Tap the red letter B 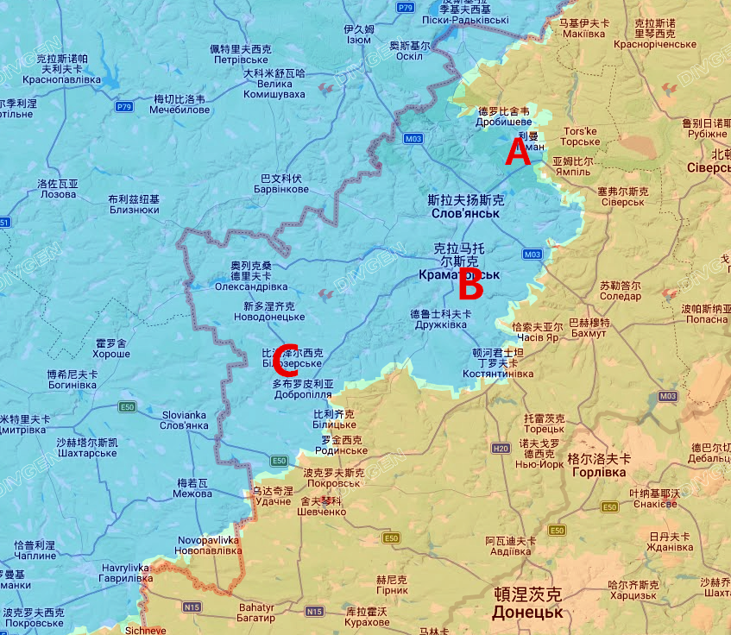[469, 282]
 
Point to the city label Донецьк [526, 613]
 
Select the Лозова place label [58, 194]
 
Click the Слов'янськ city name [466, 212]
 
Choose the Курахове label [368, 622]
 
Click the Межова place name [193, 494]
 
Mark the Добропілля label [302, 394]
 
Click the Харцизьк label [632, 595]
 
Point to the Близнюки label [134, 209]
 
